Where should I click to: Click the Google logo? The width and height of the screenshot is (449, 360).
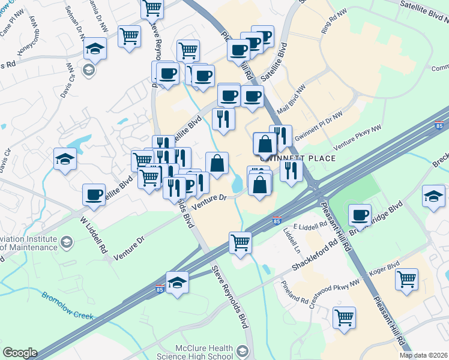pos(20,353)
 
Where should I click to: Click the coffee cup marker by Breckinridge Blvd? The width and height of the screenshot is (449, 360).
pos(360,214)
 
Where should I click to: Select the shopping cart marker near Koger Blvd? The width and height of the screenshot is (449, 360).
pos(407,278)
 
